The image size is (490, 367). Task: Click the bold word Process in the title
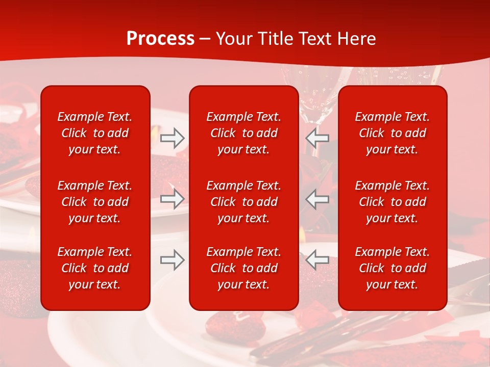(x=160, y=39)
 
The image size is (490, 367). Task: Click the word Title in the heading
(x=273, y=39)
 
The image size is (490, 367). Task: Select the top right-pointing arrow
(x=172, y=138)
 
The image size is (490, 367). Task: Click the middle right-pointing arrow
(x=172, y=199)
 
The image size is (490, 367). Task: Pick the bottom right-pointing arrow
(x=172, y=260)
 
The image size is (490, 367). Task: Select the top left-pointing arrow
(x=317, y=138)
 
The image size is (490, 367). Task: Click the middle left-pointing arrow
(x=317, y=199)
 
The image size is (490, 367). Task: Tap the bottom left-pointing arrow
(x=317, y=260)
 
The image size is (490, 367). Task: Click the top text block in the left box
(x=95, y=133)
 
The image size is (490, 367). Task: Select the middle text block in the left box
(x=95, y=202)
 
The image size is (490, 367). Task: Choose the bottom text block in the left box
(x=95, y=268)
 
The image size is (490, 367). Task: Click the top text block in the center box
(x=243, y=133)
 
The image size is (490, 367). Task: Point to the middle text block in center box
(x=243, y=202)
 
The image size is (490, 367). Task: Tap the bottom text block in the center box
(x=243, y=268)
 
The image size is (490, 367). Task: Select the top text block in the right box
(x=392, y=133)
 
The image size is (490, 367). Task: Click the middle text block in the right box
(x=392, y=202)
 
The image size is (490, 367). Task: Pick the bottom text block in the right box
(x=392, y=268)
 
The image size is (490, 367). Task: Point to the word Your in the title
(x=234, y=39)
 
